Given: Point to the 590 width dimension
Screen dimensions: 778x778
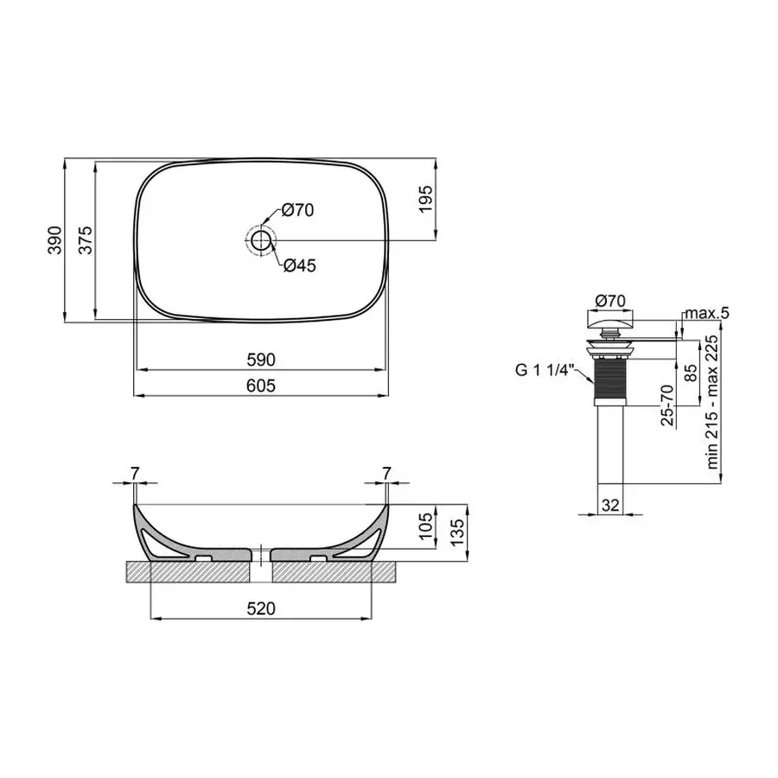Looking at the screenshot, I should click(x=260, y=359).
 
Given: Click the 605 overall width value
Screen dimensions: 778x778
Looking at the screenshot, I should click(x=260, y=386).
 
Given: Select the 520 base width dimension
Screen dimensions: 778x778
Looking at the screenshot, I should click(x=260, y=609).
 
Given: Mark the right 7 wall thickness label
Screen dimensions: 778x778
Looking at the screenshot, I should click(x=386, y=473).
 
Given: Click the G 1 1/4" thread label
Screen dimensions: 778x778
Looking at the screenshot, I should click(x=545, y=370).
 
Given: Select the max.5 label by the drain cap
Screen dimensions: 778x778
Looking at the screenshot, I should click(x=706, y=312).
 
